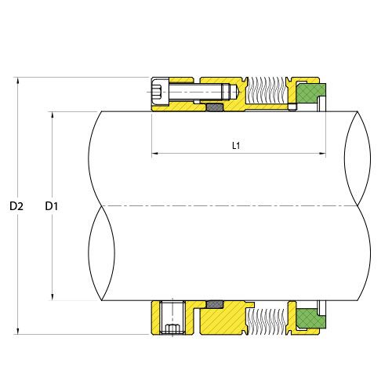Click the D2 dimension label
[16, 206]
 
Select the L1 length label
[236, 146]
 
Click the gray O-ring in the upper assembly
[214, 105]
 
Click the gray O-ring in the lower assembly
[214, 303]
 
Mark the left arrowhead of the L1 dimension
[154, 154]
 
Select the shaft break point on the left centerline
[102, 205]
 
